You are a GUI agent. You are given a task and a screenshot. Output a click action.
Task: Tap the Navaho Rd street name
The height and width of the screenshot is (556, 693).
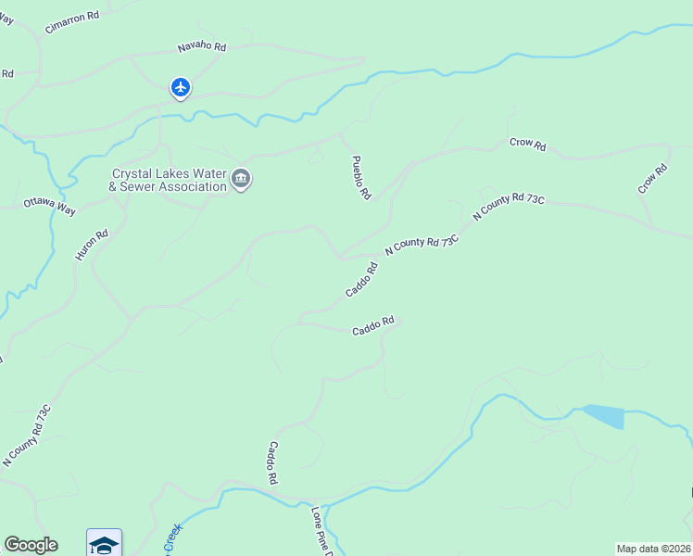tap(202, 46)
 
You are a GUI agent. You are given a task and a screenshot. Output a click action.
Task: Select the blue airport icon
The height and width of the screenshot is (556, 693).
tap(181, 88)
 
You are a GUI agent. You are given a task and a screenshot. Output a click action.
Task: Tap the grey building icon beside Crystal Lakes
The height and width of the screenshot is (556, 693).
tap(241, 179)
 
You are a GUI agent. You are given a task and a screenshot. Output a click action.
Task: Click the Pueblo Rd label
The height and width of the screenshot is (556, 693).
tap(361, 177)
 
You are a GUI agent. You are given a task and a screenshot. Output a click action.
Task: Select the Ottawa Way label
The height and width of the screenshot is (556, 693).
tap(49, 205)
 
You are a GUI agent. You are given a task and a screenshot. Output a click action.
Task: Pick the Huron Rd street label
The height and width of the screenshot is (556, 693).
tap(92, 245)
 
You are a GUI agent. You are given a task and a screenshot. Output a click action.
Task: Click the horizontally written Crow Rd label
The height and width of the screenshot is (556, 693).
tap(527, 145)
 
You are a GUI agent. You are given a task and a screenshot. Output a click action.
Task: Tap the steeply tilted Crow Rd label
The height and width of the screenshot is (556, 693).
tap(652, 179)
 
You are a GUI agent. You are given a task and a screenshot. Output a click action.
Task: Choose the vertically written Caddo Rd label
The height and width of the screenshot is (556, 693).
tap(273, 462)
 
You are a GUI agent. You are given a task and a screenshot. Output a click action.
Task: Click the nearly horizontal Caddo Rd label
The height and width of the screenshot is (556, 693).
tap(373, 325)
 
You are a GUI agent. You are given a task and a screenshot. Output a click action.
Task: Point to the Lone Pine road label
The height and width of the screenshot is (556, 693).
tap(321, 530)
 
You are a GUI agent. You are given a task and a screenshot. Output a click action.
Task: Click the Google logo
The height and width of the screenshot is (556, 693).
tap(31, 545)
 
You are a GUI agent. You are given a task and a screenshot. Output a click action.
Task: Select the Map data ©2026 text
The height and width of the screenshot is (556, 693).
tap(653, 549)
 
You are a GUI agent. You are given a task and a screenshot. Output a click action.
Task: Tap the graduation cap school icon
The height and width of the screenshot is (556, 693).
tap(104, 543)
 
